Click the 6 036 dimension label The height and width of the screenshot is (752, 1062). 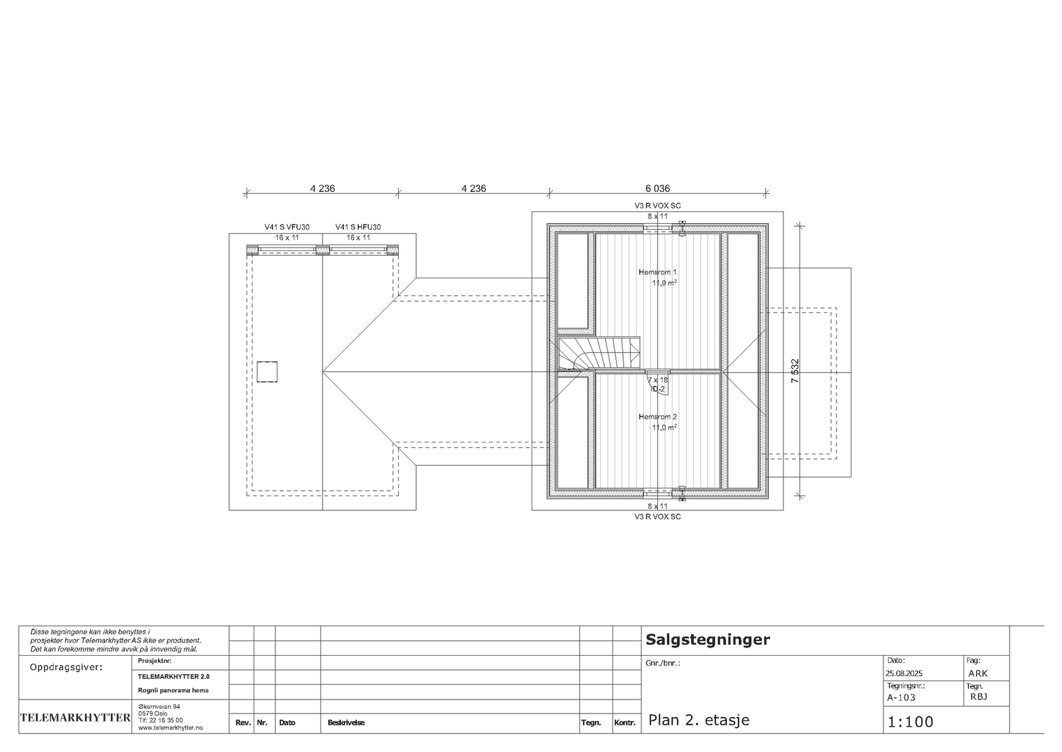(657, 189)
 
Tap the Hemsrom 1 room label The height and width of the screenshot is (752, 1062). (657, 272)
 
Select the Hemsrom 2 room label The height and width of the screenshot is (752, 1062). (657, 417)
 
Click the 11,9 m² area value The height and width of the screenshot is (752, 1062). (664, 283)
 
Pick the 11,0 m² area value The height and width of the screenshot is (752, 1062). (664, 428)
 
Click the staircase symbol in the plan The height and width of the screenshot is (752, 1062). (597, 353)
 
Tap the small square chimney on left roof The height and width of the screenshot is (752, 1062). (267, 371)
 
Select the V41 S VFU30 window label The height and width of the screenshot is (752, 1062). (287, 227)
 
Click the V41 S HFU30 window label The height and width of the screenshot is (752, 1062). (358, 227)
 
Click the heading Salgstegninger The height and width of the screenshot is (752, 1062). (708, 640)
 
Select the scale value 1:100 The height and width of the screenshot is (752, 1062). (910, 722)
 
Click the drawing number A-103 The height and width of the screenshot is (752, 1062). (901, 698)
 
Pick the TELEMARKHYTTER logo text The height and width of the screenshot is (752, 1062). (75, 717)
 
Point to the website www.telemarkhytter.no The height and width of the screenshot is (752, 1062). (171, 728)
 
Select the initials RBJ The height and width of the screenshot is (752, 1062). (978, 697)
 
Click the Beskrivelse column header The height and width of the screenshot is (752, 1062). (346, 723)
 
